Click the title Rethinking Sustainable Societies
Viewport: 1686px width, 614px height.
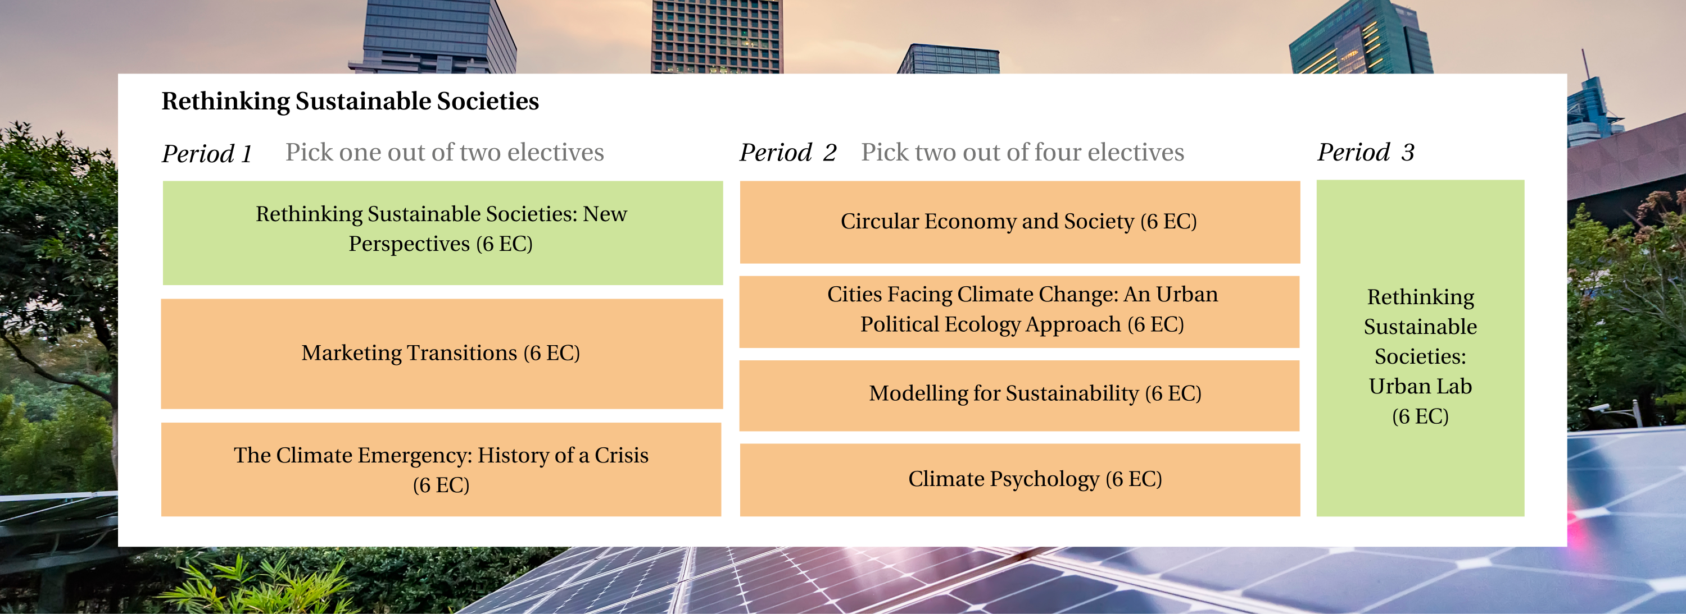tap(350, 102)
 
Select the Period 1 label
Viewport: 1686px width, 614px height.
tap(207, 154)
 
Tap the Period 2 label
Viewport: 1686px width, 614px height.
tap(788, 152)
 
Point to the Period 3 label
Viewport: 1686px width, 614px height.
tap(1366, 152)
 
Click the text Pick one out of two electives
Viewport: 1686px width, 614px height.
tap(445, 152)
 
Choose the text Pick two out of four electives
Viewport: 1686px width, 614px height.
tap(1022, 152)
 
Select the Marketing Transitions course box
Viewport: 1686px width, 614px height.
tap(442, 354)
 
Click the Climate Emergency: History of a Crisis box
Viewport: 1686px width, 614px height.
tap(441, 470)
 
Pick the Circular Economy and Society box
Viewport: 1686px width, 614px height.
tap(1019, 222)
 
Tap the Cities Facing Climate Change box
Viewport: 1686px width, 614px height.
tap(1019, 311)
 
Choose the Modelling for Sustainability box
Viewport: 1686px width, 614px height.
tap(1019, 395)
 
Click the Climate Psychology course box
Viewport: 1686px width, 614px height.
tap(1019, 480)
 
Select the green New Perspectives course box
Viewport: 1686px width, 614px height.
tap(442, 233)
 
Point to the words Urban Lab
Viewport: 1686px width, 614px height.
tap(1420, 387)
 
